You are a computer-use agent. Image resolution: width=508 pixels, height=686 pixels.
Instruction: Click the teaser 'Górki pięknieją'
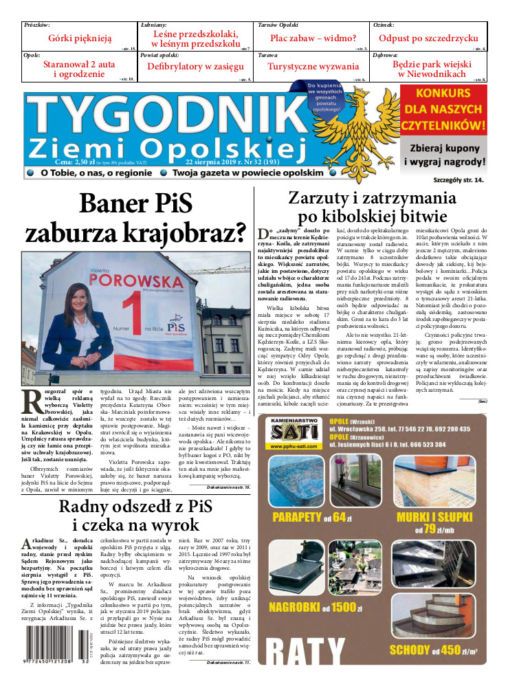point(80,38)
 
